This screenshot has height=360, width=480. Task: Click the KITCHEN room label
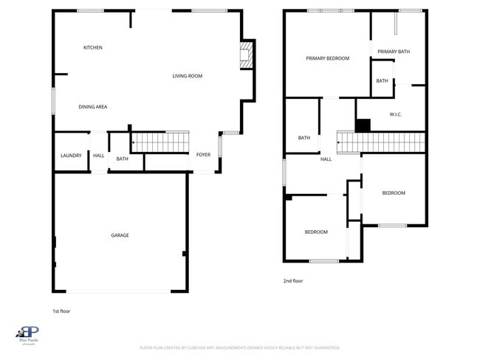click(92, 48)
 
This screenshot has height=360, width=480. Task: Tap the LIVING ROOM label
click(188, 76)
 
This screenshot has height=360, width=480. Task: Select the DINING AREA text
click(93, 107)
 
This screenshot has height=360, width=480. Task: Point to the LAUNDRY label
click(71, 156)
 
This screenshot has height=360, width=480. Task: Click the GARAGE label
click(120, 235)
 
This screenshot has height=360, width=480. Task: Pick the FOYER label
click(203, 155)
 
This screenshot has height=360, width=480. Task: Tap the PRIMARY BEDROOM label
click(328, 58)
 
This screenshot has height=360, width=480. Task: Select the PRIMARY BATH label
click(393, 52)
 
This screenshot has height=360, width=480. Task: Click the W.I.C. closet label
click(395, 114)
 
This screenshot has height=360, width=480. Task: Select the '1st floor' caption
click(61, 311)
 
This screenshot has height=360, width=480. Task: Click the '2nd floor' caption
click(293, 280)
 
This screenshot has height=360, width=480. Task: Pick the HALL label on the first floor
click(98, 156)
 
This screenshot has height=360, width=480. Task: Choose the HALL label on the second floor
click(326, 159)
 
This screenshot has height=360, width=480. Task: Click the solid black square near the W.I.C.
click(363, 125)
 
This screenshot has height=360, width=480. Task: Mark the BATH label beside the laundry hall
click(122, 159)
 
